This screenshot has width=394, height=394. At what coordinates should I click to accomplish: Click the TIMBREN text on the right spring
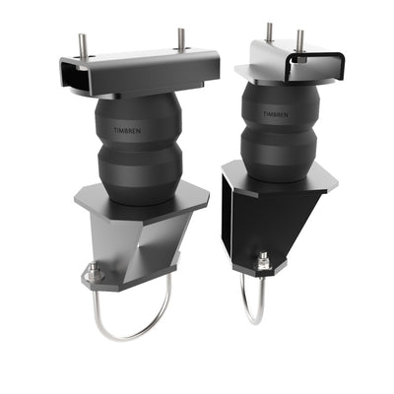[x=277, y=113]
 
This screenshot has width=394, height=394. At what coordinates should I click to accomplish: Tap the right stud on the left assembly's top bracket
[x=181, y=38]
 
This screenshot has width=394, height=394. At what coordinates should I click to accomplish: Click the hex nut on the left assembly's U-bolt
[x=95, y=274]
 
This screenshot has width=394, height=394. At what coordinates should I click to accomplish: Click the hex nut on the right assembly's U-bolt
[x=263, y=261]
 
